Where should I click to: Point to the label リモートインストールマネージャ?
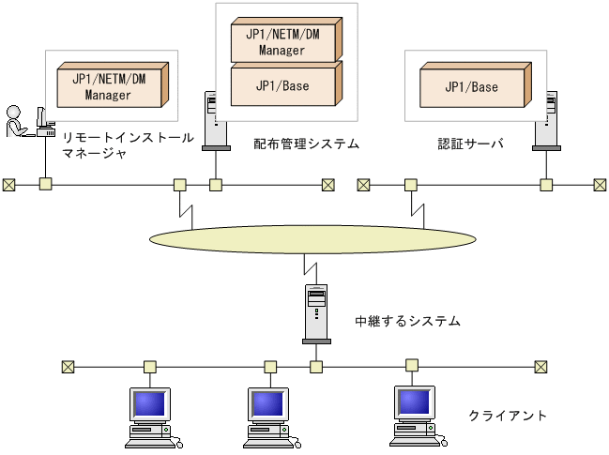point(127,144)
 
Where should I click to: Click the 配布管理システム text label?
point(306,144)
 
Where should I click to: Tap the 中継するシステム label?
point(407,321)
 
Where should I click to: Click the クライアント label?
point(507,415)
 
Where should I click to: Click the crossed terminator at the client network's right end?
point(540,366)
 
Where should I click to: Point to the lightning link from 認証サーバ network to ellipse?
point(412,206)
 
